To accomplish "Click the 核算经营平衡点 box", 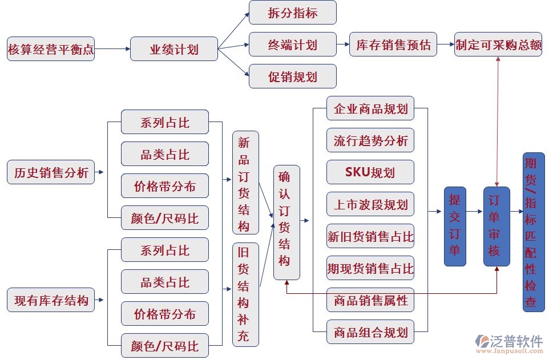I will click(x=51, y=49).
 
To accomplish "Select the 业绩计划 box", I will click(x=174, y=49).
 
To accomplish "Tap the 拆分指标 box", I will click(x=293, y=13).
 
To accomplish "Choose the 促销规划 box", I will click(x=293, y=76).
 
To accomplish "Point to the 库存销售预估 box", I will click(x=393, y=45).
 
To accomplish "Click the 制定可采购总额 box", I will click(x=498, y=45).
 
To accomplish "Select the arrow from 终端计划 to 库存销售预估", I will click(x=342, y=45).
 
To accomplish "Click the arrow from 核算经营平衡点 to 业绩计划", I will click(x=112, y=49).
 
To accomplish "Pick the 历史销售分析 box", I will click(x=51, y=172).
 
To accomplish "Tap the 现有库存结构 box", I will click(x=51, y=300).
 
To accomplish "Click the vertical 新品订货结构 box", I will click(x=245, y=183).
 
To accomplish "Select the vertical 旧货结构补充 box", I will click(x=245, y=294).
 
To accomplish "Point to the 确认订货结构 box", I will click(x=286, y=223).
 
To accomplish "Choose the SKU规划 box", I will click(x=370, y=172).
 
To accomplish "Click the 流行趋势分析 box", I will click(x=370, y=140).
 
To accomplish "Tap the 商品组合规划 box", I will click(x=370, y=331).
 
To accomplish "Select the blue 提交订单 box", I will click(x=455, y=226).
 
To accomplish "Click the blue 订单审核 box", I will click(x=496, y=226).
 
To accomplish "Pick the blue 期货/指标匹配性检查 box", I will click(x=533, y=232).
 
